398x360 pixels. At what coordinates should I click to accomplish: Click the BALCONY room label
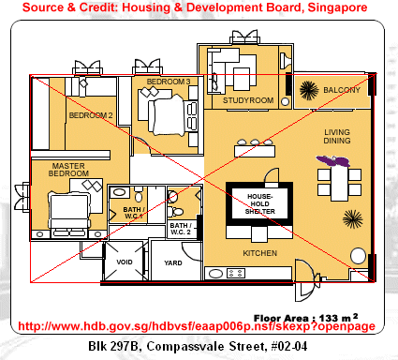pos(342,90)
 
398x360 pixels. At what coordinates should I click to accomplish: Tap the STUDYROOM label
pos(248,100)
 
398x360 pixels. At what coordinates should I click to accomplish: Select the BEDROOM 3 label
pos(169,82)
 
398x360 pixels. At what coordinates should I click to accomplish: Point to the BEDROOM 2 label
pos(91,115)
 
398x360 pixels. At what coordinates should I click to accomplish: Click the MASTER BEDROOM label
pos(68,170)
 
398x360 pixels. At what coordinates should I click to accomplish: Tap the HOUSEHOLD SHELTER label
pos(260,203)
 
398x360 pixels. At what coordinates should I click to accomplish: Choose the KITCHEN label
pos(260,253)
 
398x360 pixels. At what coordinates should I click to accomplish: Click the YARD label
pos(173,263)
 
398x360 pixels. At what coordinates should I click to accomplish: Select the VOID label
pos(125,262)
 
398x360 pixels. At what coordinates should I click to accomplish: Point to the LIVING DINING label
pos(337,137)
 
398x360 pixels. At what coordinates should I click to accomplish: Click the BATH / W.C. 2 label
pos(181,229)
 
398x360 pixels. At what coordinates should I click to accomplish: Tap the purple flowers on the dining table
pos(333,161)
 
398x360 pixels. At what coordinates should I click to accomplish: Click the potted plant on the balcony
pos(309,90)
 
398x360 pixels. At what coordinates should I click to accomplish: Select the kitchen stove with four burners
pos(236,274)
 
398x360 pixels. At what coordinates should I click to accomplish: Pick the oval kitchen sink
pos(215,274)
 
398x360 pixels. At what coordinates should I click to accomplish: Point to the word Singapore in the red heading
pos(337,7)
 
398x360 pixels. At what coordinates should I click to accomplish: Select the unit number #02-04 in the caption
pos(289,346)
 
